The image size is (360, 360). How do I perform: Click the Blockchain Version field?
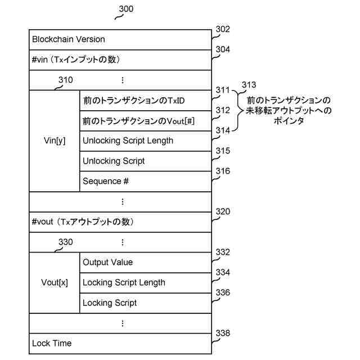(69, 39)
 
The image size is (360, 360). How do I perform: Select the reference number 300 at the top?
(127, 10)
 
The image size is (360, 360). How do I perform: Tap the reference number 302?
(223, 29)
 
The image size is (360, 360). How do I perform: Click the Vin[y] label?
(54, 141)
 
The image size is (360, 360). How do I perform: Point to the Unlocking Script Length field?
(128, 141)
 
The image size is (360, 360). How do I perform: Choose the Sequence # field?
(102, 181)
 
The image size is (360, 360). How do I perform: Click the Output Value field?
(107, 262)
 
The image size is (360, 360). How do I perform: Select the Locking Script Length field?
(124, 282)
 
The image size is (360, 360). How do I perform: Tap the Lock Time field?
(52, 343)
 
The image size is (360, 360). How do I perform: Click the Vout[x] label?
(55, 282)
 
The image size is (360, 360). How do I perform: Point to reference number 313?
(248, 85)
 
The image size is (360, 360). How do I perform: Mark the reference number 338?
(223, 334)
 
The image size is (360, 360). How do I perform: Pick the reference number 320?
(223, 212)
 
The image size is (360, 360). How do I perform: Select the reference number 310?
(65, 80)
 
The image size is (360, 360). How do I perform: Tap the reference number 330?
(65, 242)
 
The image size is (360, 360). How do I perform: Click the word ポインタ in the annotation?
(286, 121)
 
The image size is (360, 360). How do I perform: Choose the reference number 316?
(223, 172)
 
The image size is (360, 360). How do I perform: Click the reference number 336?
(223, 293)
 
